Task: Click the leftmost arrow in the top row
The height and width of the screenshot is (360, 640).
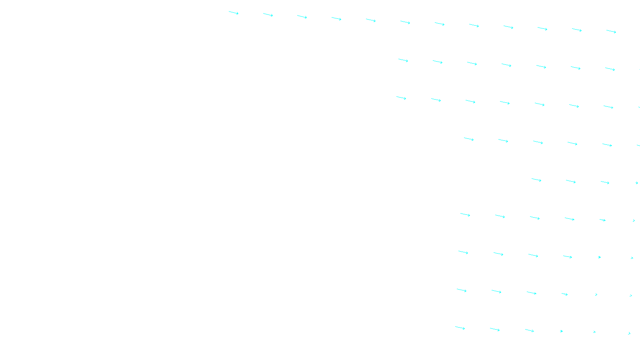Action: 234,13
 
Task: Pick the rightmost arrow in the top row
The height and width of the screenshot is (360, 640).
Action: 611,31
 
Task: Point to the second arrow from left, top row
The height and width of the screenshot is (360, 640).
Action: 268,15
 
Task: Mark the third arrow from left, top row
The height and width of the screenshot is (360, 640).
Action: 302,17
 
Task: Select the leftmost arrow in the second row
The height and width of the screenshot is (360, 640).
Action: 403,60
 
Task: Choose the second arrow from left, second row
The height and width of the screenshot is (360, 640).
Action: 438,62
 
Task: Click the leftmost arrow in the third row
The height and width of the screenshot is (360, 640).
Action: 401,98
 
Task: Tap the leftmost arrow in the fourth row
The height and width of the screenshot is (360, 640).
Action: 469,139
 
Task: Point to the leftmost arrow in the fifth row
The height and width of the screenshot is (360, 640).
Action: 536,180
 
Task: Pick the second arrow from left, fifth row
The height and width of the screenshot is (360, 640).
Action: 571,182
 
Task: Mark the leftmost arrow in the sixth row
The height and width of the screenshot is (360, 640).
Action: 465,215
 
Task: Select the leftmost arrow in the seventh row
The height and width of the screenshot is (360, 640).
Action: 463,252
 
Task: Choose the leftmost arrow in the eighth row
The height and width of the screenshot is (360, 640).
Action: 462,290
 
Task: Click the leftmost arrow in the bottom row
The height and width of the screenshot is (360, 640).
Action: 460,328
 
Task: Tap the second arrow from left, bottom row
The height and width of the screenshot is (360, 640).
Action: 495,330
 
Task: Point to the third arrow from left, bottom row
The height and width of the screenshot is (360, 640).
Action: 530,330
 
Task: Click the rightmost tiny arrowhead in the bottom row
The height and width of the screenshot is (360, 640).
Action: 629,333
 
